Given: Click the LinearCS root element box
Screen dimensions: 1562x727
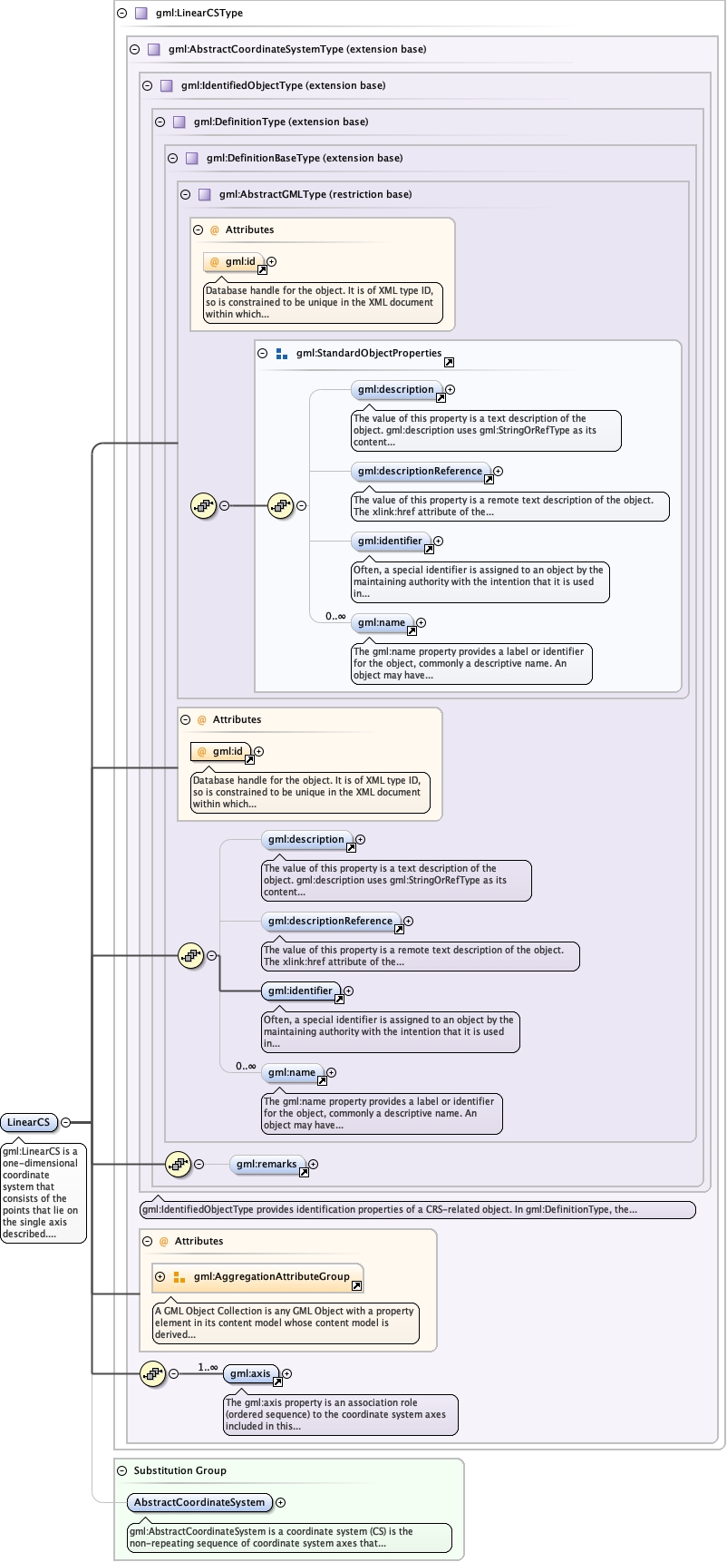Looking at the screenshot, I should click(x=29, y=1122).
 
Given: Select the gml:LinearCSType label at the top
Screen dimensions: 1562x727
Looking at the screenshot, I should click(x=199, y=14).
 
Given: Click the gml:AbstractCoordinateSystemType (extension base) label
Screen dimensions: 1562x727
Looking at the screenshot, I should click(x=296, y=49).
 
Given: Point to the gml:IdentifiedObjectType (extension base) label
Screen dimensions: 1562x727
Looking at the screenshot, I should click(x=283, y=85).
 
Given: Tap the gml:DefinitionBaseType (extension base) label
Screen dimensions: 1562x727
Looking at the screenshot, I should click(x=304, y=158).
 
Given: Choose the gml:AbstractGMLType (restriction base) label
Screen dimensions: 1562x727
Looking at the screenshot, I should click(x=315, y=194).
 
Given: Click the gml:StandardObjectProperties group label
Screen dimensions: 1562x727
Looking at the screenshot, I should click(x=368, y=354).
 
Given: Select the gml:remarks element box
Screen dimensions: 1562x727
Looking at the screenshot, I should click(x=266, y=1164).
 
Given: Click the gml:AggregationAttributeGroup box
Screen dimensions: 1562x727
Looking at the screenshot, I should click(x=271, y=1276).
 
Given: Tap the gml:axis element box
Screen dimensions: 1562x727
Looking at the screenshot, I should click(x=250, y=1373).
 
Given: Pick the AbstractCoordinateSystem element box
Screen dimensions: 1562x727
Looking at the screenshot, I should click(x=199, y=1502).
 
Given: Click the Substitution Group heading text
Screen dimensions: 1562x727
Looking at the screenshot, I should click(x=179, y=1470).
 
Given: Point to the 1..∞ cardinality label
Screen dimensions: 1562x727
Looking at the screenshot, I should click(x=208, y=1367).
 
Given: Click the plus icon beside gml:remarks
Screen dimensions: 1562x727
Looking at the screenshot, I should click(x=314, y=1164).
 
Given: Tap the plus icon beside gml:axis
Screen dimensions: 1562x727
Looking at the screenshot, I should click(x=287, y=1373).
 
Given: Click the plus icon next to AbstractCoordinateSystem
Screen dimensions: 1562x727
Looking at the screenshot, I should click(x=281, y=1502).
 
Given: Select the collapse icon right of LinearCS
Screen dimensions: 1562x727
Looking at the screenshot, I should click(x=66, y=1122).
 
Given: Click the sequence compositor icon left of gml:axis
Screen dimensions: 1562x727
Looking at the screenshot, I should click(x=152, y=1373).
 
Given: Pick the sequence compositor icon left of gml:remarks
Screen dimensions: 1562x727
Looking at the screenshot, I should click(x=178, y=1164).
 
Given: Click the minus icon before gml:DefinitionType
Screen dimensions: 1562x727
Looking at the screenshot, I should click(x=160, y=122).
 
